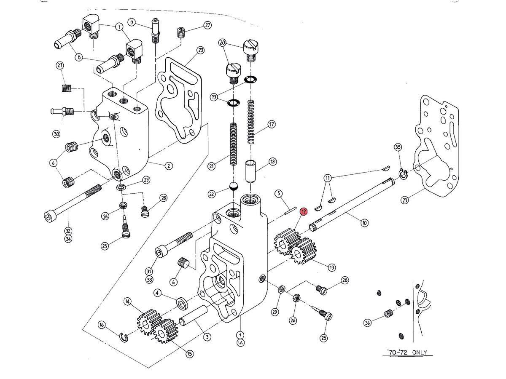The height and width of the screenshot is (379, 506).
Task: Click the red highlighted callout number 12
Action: (303, 212)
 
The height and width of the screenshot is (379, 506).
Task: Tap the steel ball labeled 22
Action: (233, 186)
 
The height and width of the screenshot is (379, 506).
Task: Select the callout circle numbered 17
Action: (272, 125)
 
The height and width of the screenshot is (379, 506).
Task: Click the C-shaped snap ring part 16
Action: (124, 337)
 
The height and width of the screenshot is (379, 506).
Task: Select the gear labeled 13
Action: (302, 252)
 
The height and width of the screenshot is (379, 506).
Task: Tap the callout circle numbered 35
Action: (398, 147)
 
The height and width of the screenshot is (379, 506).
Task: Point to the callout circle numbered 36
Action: (368, 323)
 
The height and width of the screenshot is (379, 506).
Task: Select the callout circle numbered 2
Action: (168, 165)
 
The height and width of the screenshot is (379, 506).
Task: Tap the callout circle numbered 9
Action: (132, 22)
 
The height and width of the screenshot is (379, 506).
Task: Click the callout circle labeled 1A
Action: (240, 343)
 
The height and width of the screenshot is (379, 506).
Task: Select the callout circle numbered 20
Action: (223, 43)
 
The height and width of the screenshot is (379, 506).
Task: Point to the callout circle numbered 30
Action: (56, 134)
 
